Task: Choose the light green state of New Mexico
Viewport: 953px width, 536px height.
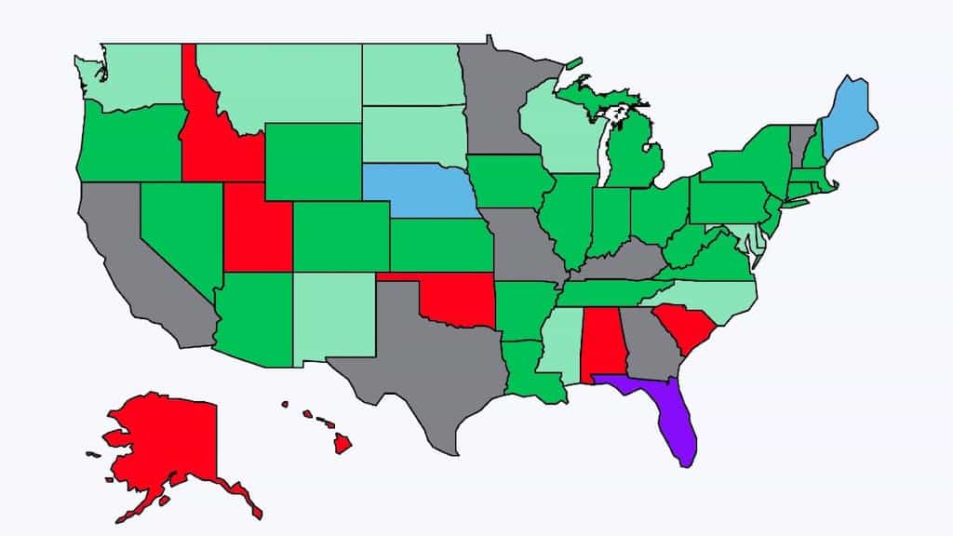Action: click(335, 316)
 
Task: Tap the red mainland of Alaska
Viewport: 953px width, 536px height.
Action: click(168, 447)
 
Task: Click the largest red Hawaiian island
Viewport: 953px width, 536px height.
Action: click(342, 444)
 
